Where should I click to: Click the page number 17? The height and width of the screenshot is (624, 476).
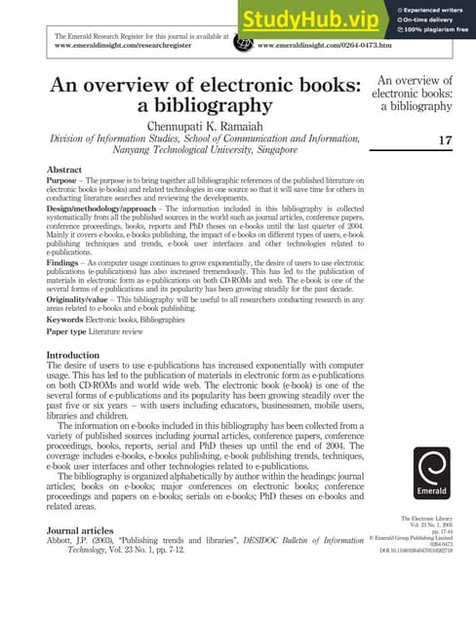445,141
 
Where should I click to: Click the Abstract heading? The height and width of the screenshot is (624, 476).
64,170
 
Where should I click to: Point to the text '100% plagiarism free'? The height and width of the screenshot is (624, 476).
437,33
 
